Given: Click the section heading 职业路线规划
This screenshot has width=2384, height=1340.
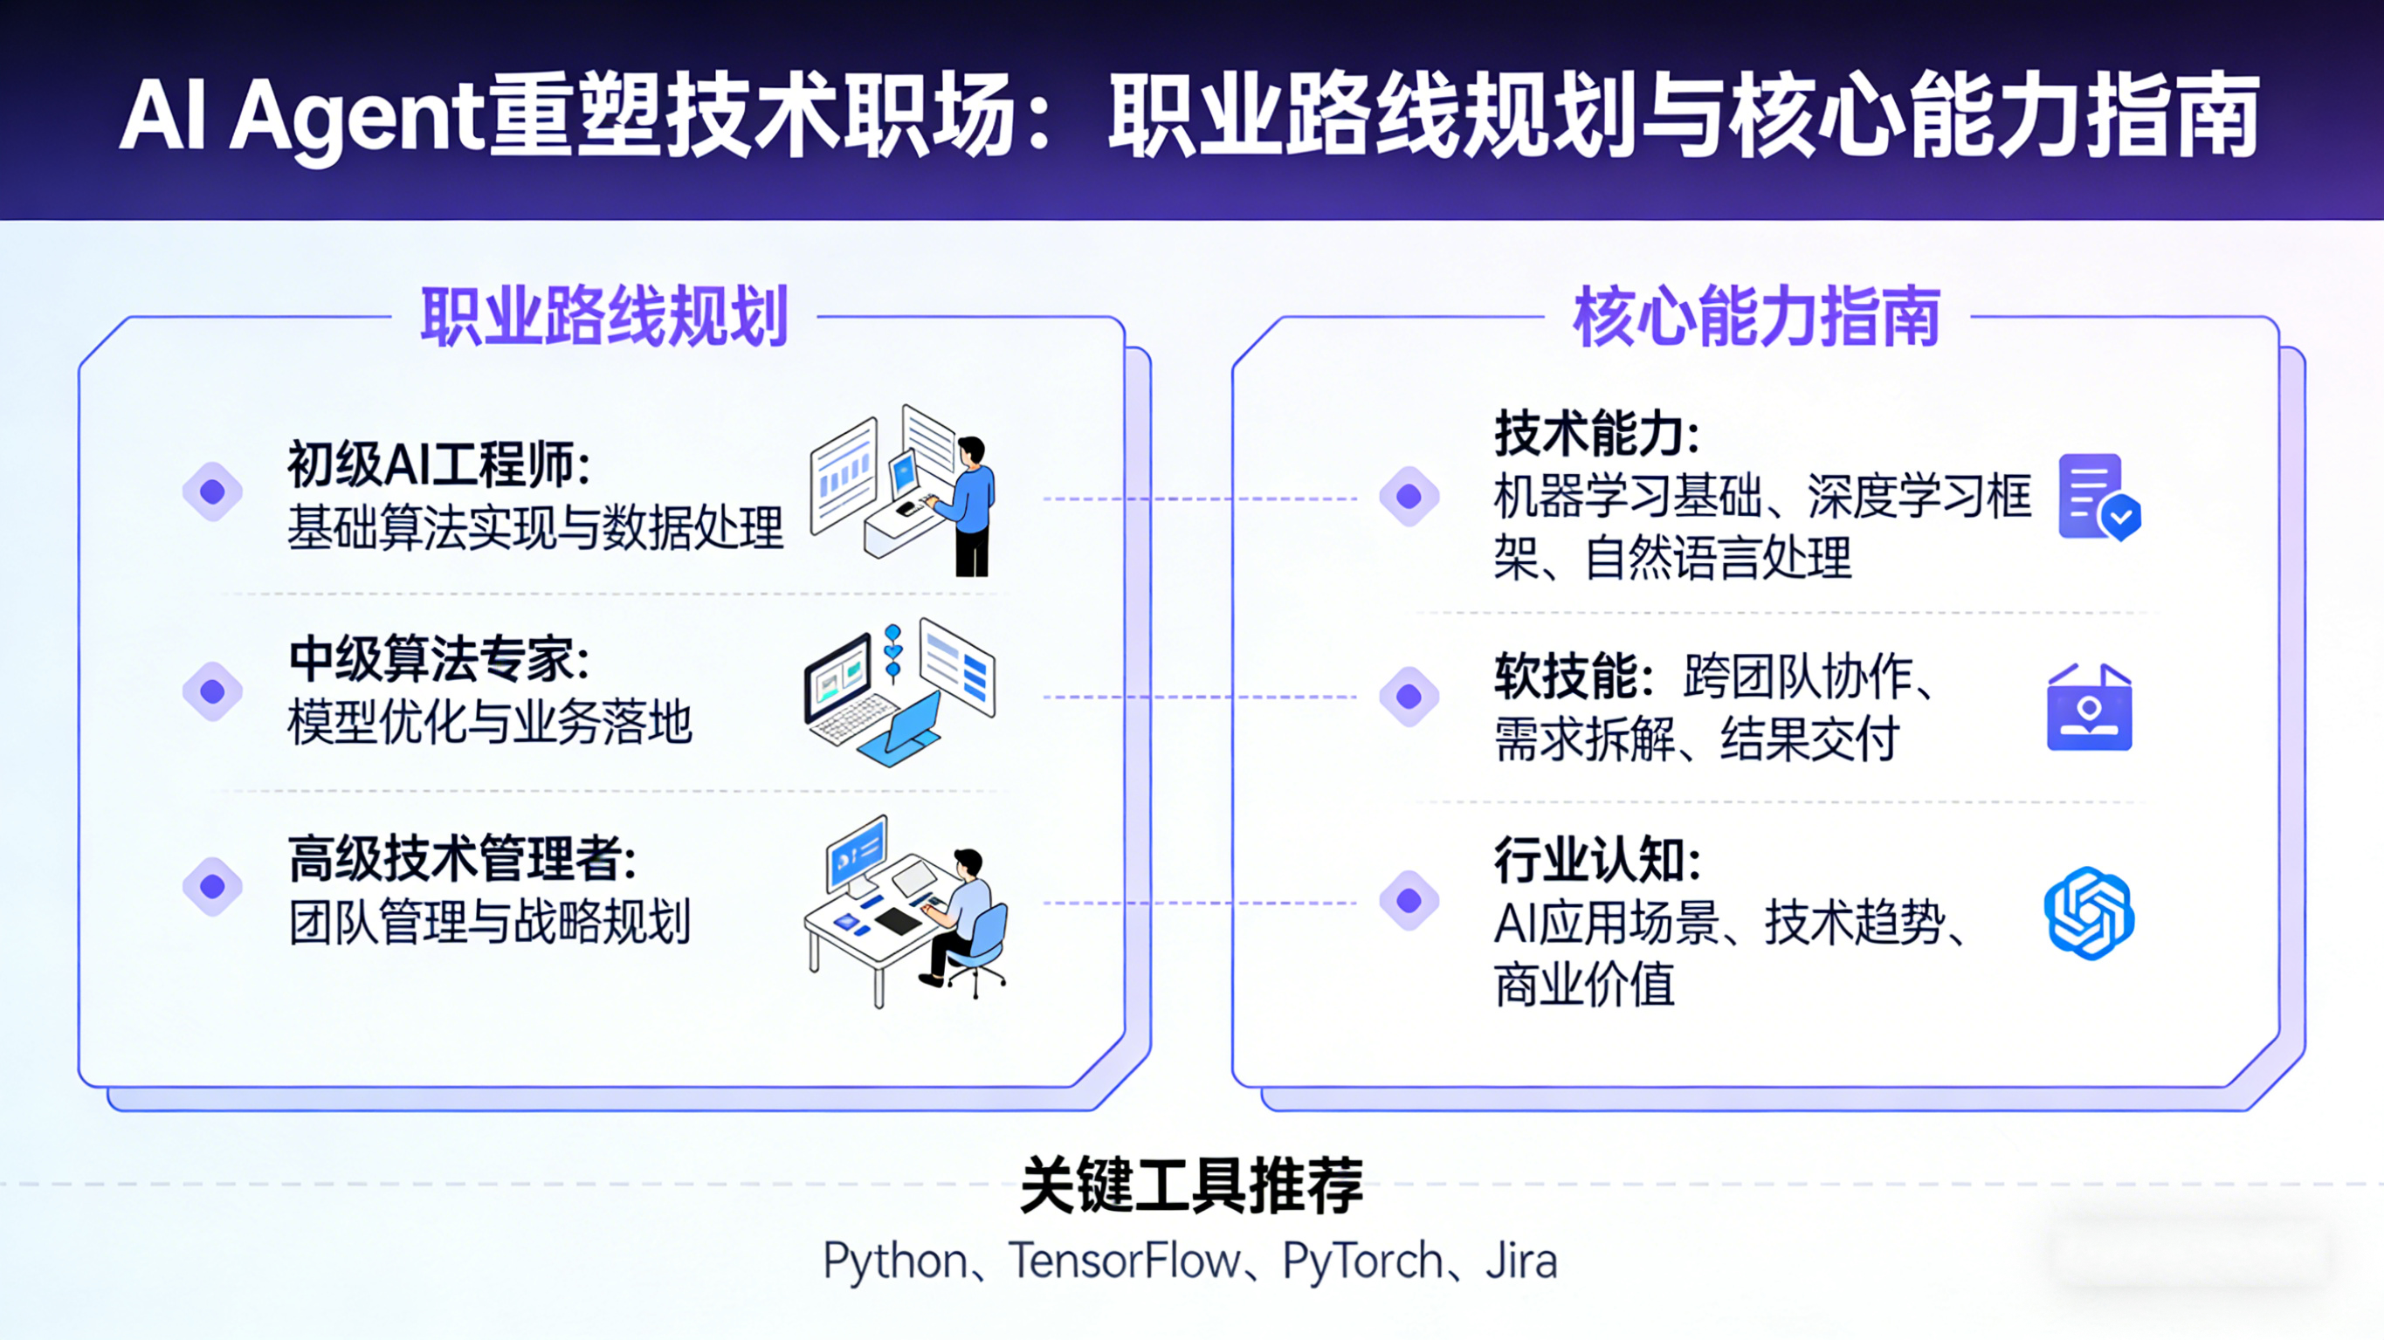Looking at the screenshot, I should click(x=603, y=318).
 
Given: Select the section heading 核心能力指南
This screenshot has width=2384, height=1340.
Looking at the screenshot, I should click(x=1756, y=318).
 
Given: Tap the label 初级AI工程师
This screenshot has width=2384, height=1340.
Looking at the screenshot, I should click(x=438, y=464).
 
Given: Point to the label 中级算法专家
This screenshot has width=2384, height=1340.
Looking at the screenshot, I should click(x=438, y=660).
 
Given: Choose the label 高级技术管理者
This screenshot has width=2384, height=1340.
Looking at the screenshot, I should click(x=461, y=859).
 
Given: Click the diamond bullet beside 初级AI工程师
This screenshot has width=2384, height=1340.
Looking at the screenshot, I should click(x=213, y=491).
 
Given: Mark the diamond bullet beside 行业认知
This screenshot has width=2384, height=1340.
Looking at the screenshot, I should click(x=1409, y=899).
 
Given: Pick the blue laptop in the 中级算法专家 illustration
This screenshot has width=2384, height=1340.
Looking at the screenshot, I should click(x=902, y=731).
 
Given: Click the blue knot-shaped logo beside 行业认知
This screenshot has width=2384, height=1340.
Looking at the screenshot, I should click(x=2089, y=913).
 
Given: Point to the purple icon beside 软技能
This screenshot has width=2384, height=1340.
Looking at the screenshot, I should click(x=2089, y=708).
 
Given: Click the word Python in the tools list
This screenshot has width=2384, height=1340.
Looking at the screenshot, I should click(x=895, y=1261).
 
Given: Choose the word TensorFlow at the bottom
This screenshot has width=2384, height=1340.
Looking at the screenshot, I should click(x=1124, y=1261).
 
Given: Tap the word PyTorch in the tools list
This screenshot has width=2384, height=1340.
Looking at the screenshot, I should click(x=1362, y=1261).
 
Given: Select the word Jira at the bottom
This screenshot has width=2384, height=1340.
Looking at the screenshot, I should click(x=1521, y=1261).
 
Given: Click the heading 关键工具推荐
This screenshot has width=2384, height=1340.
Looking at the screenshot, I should click(x=1191, y=1185).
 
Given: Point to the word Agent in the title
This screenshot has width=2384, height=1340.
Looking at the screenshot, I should click(x=356, y=119).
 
